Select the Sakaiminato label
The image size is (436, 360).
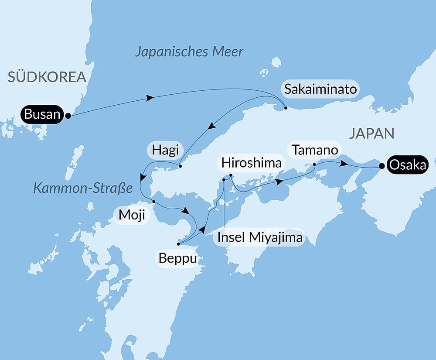point(320,89)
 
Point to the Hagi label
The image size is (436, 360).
point(165,151)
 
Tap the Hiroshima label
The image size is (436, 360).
point(252,163)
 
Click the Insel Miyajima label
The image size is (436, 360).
point(260,237)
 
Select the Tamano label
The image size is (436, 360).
point(315,150)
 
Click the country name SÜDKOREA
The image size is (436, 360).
point(47,78)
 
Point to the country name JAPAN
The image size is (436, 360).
point(371,133)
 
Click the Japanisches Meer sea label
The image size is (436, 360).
point(189,52)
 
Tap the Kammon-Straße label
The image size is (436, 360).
point(82,189)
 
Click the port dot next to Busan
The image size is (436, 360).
point(68,116)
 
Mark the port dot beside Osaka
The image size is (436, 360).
point(382,166)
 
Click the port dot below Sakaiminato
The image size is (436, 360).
point(285,107)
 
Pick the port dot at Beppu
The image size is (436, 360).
point(178,243)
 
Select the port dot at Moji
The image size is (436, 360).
point(153,201)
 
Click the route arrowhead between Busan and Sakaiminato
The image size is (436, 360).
point(150,98)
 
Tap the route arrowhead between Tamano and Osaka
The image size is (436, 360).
point(344,164)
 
